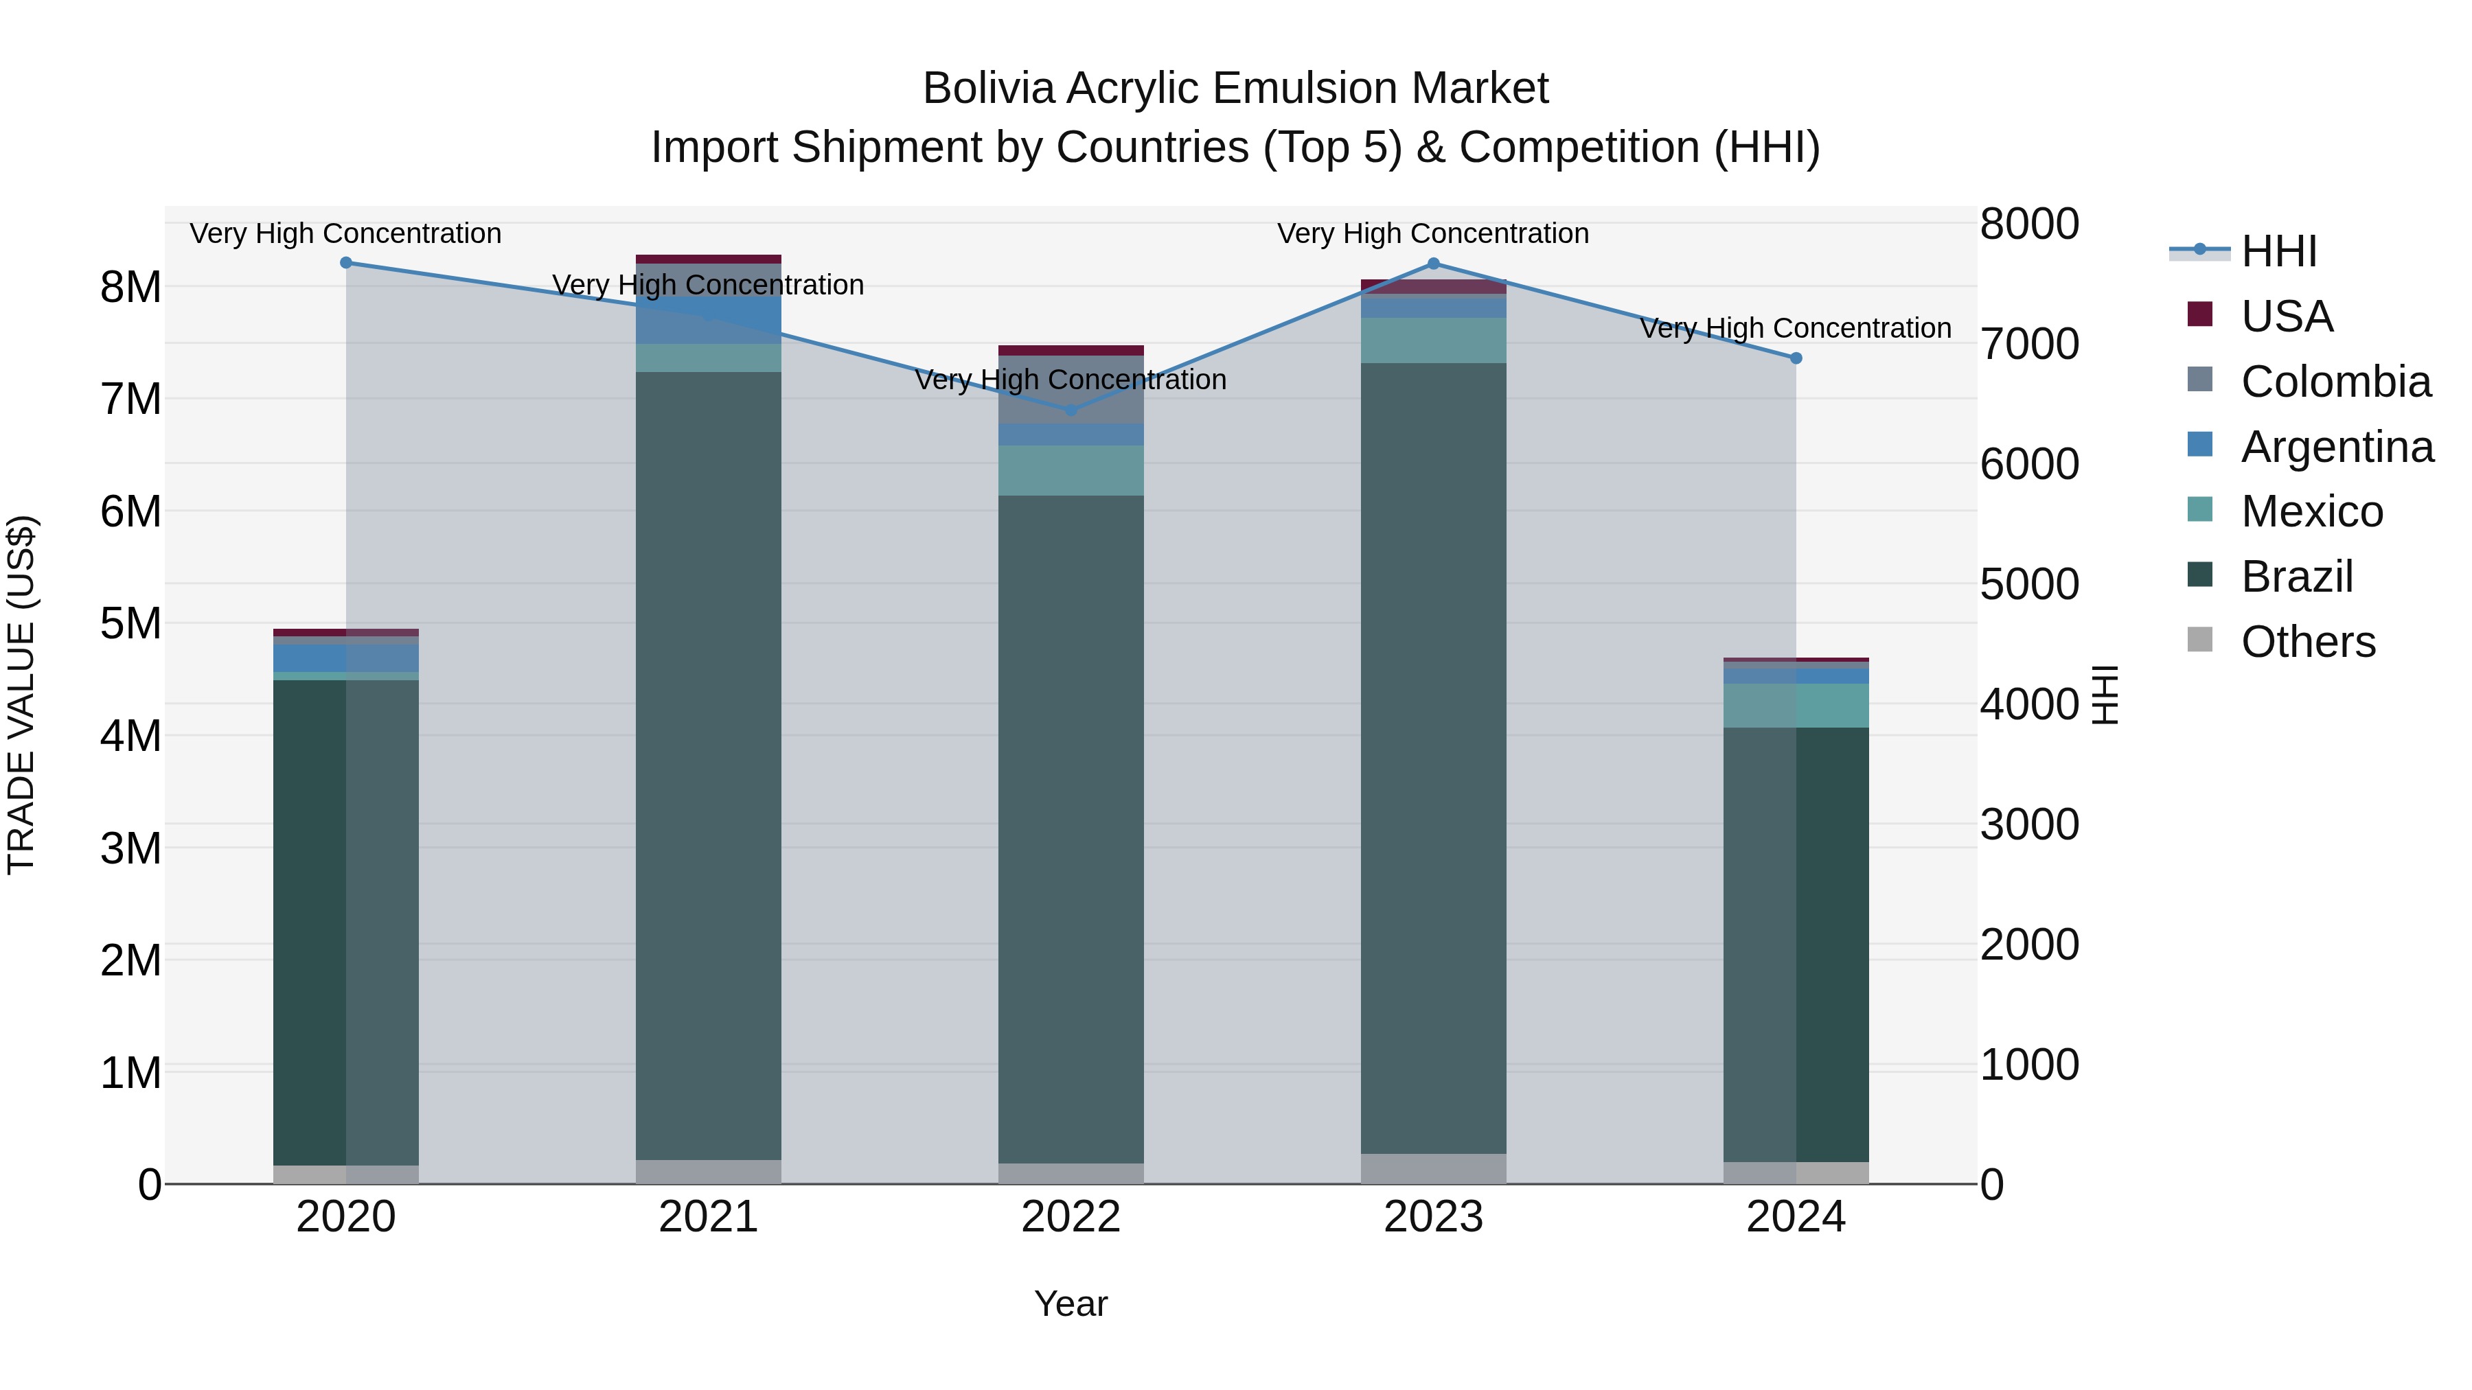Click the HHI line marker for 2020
pos(347,263)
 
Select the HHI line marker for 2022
pos(1071,410)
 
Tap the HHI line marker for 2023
pos(1434,264)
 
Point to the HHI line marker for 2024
pos(1796,358)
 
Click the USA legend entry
pos(2286,316)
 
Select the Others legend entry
pos(2308,642)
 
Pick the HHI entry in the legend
pos(2278,251)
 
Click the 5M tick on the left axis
pos(131,623)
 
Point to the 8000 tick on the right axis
pos(2028,224)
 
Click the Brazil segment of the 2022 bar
pos(1071,825)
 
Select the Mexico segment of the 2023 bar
pos(1434,340)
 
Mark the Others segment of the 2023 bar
pos(1434,1168)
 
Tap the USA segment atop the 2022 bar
pos(1071,351)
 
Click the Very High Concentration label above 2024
pos(1796,328)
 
